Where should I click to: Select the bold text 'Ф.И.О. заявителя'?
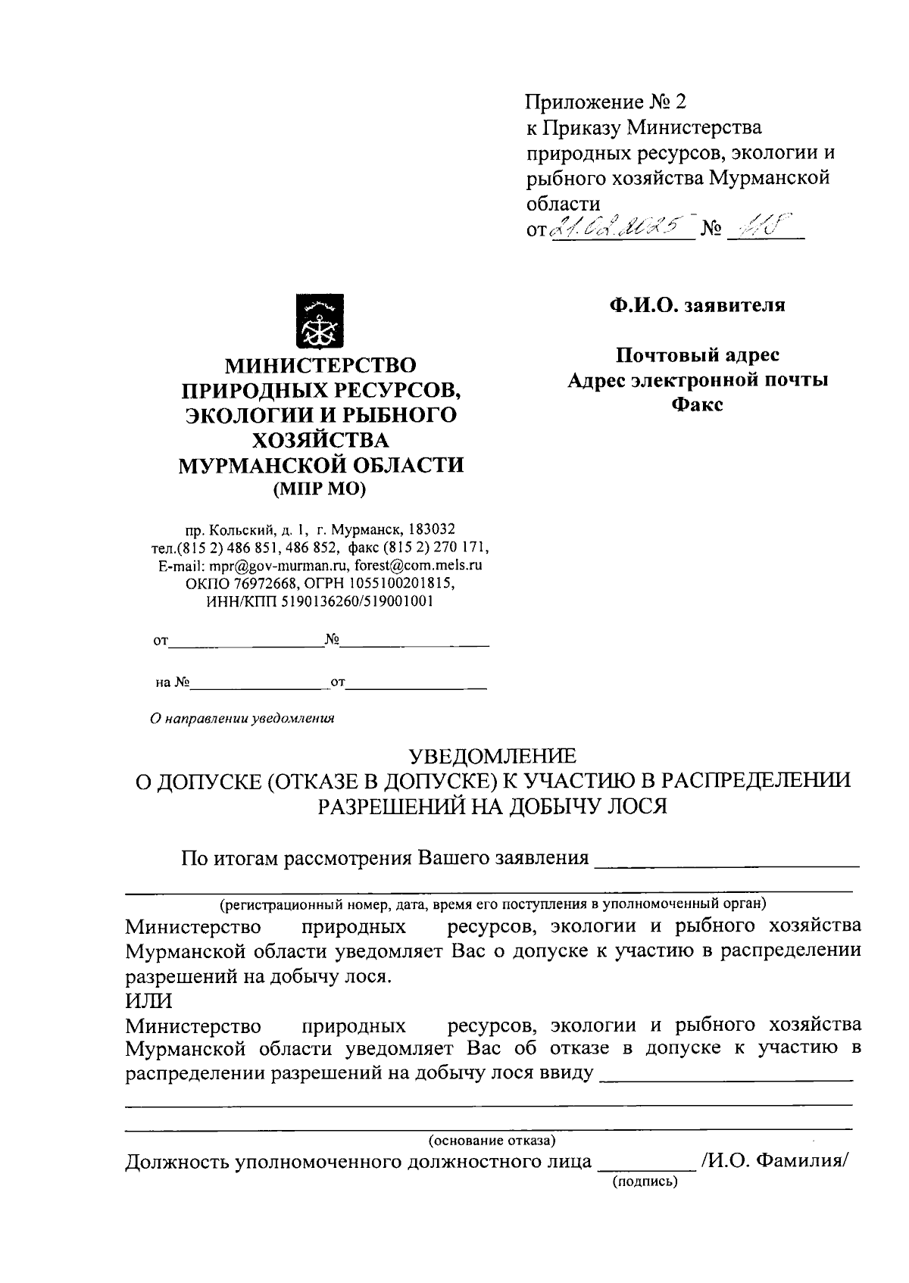coord(696,305)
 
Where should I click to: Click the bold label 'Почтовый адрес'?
coord(697,354)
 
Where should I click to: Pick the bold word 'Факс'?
coord(697,404)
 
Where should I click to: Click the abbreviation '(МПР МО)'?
coord(320,490)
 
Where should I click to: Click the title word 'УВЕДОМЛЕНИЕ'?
coord(492,756)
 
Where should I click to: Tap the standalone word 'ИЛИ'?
coord(148,1000)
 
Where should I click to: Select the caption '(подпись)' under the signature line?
coord(645,1181)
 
